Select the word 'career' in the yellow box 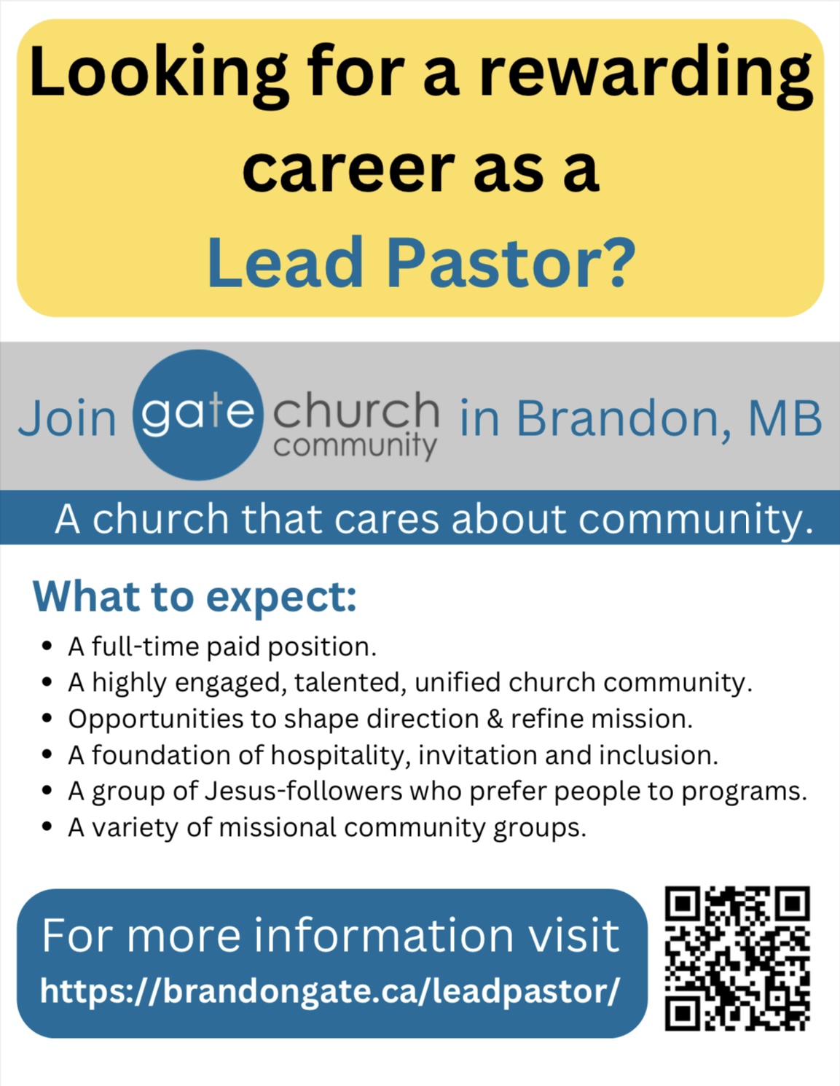coord(348,169)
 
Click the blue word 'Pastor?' coord(511,262)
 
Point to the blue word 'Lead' coord(285,262)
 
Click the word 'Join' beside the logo coord(67,418)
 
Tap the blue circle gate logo coord(197,415)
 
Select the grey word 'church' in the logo coord(356,410)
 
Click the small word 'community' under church coord(355,445)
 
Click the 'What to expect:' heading coord(195,596)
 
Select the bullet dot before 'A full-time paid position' coord(47,646)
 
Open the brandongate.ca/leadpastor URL coord(330,991)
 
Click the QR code coord(737,958)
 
